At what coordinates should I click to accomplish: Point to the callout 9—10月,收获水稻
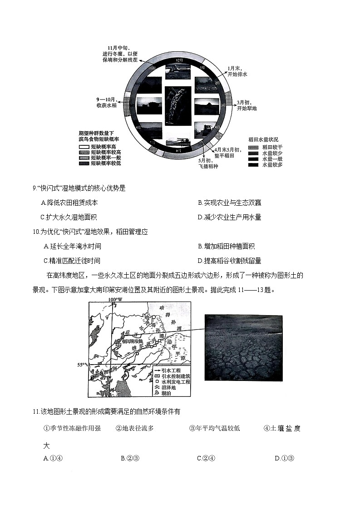pyautogui.click(x=107, y=102)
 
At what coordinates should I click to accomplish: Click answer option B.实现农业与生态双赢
pyautogui.click(x=229, y=203)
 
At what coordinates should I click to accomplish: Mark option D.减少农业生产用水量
pyautogui.click(x=229, y=217)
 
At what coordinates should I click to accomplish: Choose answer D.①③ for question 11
pyautogui.click(x=285, y=458)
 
